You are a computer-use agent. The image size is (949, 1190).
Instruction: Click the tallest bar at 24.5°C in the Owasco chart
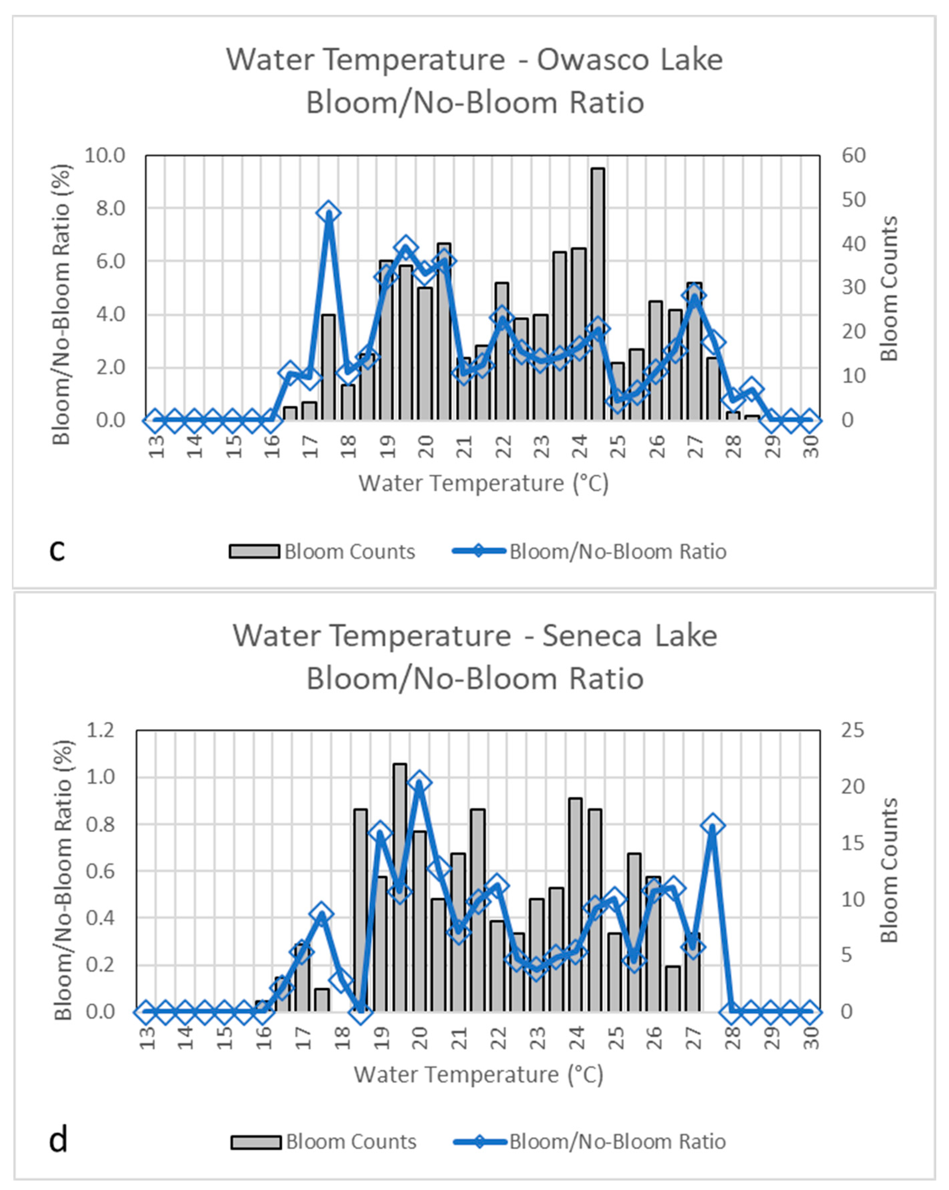click(597, 293)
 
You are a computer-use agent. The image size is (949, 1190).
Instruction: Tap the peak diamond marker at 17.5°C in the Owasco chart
click(329, 213)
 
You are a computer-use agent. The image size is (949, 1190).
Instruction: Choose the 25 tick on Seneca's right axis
click(853, 731)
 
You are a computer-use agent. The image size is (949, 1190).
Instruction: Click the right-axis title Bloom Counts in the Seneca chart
click(890, 870)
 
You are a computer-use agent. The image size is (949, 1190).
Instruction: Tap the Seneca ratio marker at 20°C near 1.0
click(419, 783)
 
